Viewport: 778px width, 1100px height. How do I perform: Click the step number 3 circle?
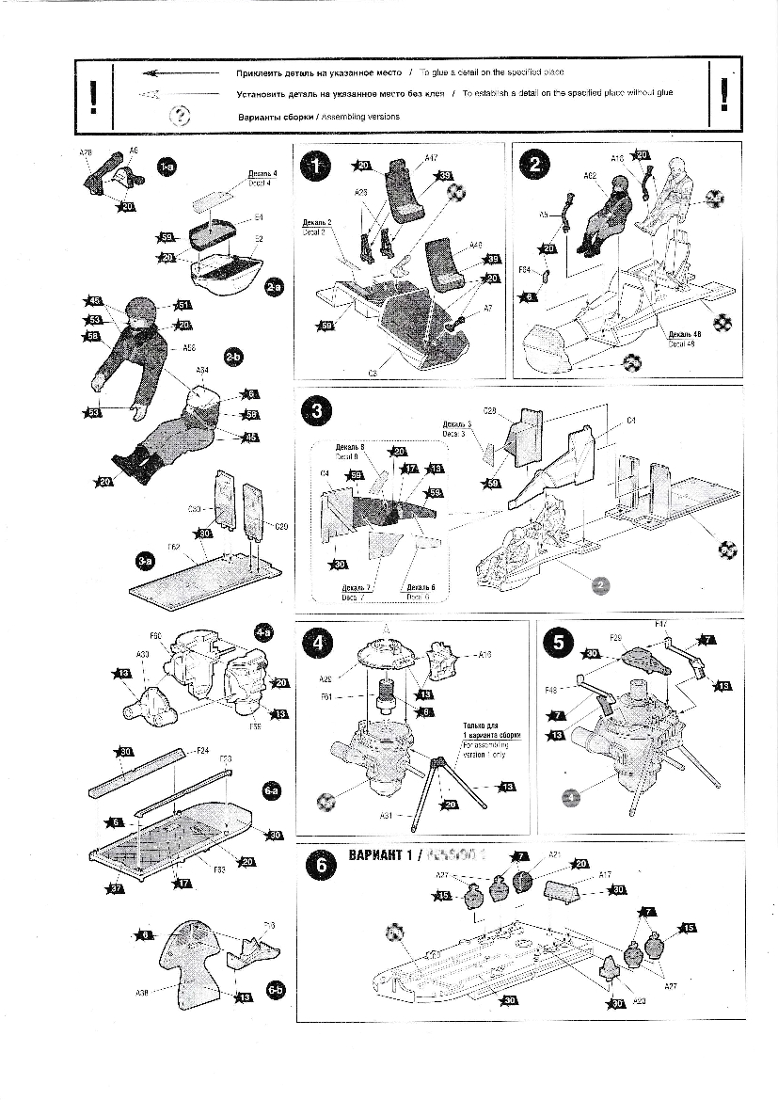click(x=317, y=409)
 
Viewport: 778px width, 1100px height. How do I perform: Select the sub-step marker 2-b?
click(x=234, y=358)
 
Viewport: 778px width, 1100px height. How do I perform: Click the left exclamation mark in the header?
click(x=92, y=96)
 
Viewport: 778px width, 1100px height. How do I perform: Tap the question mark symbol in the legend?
click(x=180, y=115)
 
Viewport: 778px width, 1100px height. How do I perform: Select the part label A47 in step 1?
click(x=432, y=158)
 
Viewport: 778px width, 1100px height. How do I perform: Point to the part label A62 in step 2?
click(x=590, y=175)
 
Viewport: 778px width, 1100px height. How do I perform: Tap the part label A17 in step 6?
click(x=607, y=873)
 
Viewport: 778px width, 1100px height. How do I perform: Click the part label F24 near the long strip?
click(x=201, y=751)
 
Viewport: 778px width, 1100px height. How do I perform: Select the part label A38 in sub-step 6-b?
click(x=142, y=993)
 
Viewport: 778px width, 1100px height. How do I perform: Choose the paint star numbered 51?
click(x=184, y=305)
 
